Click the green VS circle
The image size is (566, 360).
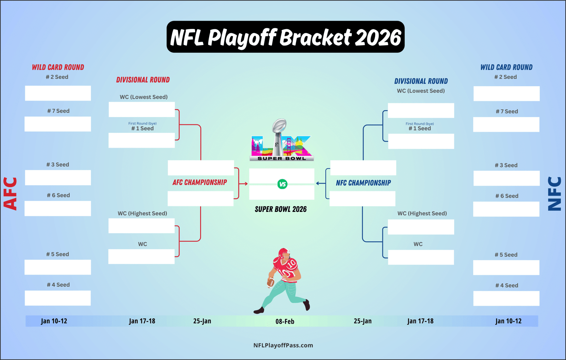[x=282, y=184]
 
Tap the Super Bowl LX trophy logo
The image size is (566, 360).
[x=282, y=140]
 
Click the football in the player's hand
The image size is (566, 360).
[x=271, y=282]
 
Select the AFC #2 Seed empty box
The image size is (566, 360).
[x=58, y=93]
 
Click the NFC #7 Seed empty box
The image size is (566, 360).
[x=506, y=124]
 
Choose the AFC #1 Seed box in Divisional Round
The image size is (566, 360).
[x=142, y=140]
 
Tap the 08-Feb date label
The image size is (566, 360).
[x=285, y=321]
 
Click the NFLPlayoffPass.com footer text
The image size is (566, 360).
[x=283, y=346]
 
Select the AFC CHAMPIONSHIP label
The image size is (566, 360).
[x=200, y=182]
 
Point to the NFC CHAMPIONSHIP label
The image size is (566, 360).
[x=363, y=183]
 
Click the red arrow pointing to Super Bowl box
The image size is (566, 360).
[x=243, y=184]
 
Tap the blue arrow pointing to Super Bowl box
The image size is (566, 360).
[x=320, y=184]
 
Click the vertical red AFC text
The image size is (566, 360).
[x=10, y=194]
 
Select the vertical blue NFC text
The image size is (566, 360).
[x=554, y=194]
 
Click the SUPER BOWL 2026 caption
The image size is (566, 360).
[x=281, y=209]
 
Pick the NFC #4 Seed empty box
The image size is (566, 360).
[x=506, y=298]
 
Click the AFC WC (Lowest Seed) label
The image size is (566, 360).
[x=144, y=97]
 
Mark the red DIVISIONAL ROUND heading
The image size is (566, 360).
[x=143, y=80]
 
